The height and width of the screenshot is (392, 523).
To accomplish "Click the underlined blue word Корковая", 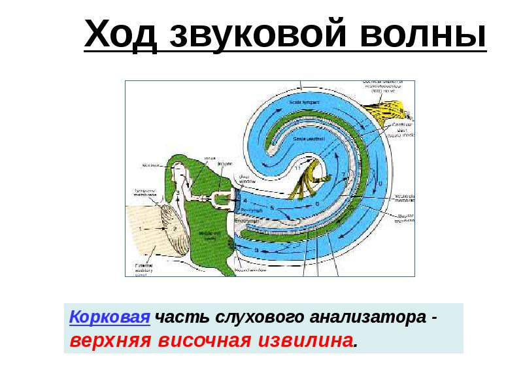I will (x=110, y=319).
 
